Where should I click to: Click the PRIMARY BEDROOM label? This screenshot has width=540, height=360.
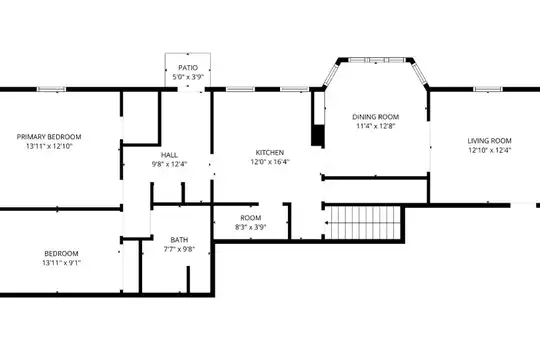click(49, 137)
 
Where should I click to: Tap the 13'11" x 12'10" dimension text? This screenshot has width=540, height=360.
click(49, 146)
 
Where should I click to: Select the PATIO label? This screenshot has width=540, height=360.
click(188, 68)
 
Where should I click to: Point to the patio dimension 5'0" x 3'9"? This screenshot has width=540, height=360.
click(188, 77)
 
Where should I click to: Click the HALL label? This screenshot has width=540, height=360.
click(169, 155)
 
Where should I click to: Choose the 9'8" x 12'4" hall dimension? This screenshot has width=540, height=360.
click(169, 164)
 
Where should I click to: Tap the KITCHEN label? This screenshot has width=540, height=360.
click(270, 152)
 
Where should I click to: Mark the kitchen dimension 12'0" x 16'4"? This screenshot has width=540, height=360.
click(270, 162)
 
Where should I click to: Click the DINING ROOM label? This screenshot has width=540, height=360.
click(375, 117)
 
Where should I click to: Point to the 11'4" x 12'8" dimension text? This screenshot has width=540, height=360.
click(375, 126)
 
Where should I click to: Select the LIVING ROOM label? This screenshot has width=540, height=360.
click(489, 141)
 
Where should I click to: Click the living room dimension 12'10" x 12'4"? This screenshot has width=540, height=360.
click(489, 150)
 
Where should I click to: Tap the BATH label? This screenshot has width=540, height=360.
click(179, 240)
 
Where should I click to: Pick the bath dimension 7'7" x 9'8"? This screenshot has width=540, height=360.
click(179, 249)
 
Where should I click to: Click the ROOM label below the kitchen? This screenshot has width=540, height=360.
click(251, 218)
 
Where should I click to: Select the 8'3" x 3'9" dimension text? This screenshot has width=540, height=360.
click(251, 227)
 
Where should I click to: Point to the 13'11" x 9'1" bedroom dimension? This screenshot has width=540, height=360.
click(62, 263)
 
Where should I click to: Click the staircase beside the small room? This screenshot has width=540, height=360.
click(363, 223)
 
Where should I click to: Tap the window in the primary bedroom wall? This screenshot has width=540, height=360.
click(51, 89)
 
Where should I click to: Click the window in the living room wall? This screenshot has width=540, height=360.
click(488, 89)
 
